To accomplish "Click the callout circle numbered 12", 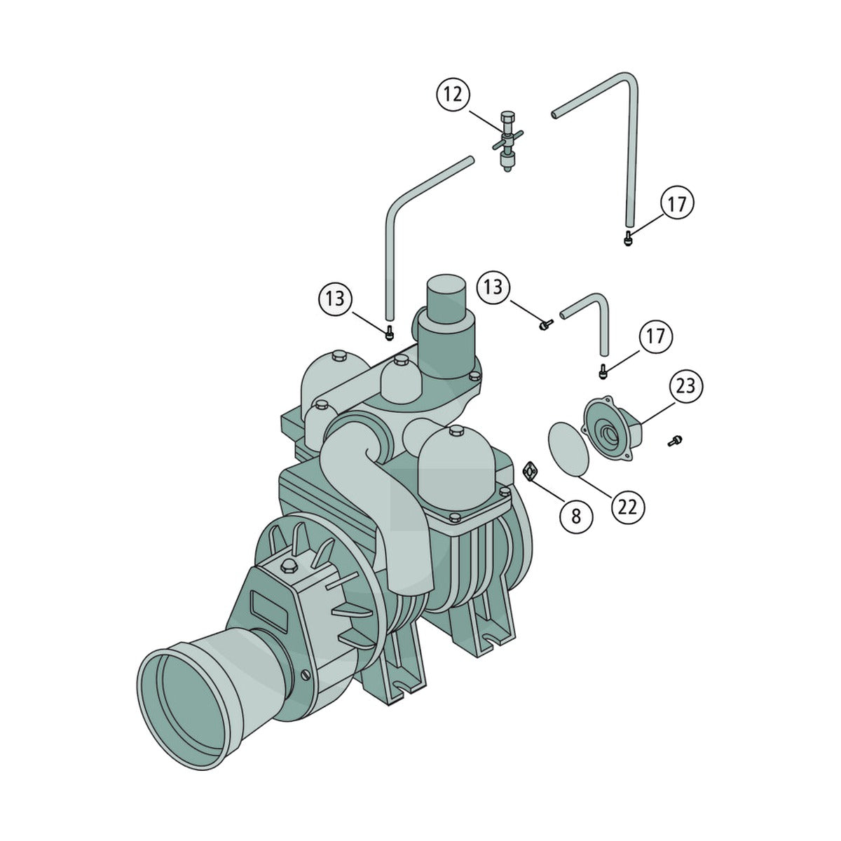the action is pos(453,95).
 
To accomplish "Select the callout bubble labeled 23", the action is pos(685,385).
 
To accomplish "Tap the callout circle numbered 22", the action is pos(627,507).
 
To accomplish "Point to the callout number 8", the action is pos(576,517).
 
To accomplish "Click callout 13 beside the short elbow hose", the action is pos(493,287).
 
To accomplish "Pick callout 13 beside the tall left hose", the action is pos(335,299).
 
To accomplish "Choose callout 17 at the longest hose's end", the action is pos(676,204).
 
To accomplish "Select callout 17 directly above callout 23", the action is pos(656,336).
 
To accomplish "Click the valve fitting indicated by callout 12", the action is pos(507,141).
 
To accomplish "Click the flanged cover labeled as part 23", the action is pos(613,428).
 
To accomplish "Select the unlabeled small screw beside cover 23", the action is pos(675,442).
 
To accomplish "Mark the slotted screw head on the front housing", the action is pos(307,687).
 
